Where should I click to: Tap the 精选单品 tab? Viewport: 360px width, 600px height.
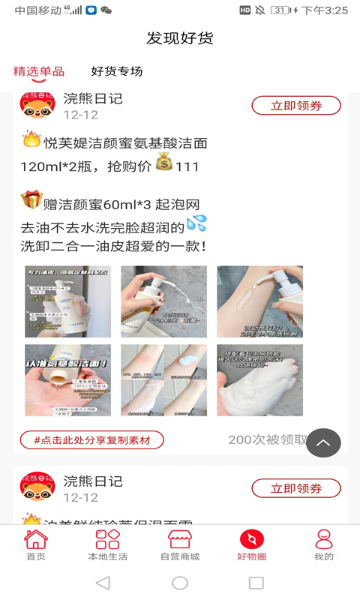point(39,71)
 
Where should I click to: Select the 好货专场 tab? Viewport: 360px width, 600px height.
point(117,71)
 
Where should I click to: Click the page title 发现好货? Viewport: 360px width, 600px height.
point(180,38)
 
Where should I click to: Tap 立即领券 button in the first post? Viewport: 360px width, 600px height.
point(296,106)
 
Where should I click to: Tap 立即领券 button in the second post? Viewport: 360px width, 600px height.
point(296,488)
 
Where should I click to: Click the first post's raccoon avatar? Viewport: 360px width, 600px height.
point(37,106)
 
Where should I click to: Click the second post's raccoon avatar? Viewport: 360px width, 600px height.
point(37,488)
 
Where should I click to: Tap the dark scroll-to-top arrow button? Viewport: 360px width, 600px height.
point(323,442)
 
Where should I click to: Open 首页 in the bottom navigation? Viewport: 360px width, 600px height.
point(36,545)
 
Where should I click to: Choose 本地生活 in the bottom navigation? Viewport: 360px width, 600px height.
point(108,545)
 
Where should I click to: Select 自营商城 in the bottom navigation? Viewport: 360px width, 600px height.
point(180,545)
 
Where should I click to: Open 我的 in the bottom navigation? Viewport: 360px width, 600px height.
point(324,545)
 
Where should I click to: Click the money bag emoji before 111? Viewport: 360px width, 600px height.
point(164,162)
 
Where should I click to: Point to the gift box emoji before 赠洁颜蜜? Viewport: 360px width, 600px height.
point(31,200)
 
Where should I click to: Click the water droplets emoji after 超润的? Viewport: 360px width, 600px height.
point(196,223)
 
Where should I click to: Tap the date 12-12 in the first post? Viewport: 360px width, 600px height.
point(80,115)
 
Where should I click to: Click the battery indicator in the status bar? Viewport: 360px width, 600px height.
point(280,10)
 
